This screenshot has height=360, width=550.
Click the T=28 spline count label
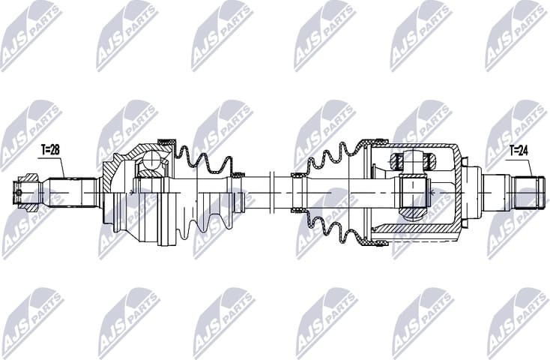[x=49, y=150]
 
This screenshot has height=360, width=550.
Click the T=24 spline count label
[x=518, y=150]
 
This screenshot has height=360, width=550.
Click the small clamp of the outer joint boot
[x=238, y=175]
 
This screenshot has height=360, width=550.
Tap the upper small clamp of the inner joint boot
[x=297, y=176]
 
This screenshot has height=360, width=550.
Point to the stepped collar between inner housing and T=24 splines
[x=472, y=190]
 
